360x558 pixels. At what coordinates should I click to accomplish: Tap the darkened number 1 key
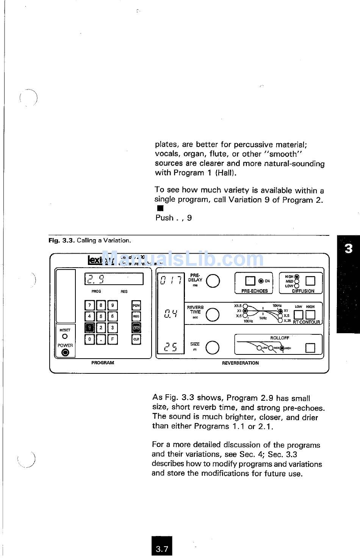pos(89,328)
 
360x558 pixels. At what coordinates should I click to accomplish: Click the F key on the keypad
pos(113,339)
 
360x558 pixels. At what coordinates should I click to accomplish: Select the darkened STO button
pos(136,328)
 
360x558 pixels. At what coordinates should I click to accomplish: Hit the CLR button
pos(136,339)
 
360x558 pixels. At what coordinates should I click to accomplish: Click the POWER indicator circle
pos(65,353)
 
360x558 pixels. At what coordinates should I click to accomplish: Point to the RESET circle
pos(65,336)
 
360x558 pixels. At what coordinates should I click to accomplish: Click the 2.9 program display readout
pos(114,279)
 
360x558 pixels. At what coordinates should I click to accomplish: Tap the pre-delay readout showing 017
pos(170,281)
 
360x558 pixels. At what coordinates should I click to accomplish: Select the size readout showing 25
pos(170,347)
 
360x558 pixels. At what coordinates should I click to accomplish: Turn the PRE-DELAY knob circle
pos(213,281)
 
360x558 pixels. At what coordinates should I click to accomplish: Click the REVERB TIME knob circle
pos(212,314)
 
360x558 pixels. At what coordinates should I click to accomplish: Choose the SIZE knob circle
pos(212,347)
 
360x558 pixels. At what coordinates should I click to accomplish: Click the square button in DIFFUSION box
pos(310,281)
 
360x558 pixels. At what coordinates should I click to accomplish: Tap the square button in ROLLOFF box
pos(310,347)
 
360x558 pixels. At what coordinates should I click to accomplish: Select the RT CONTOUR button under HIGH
pos(310,315)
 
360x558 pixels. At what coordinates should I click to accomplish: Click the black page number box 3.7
pos(162,548)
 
